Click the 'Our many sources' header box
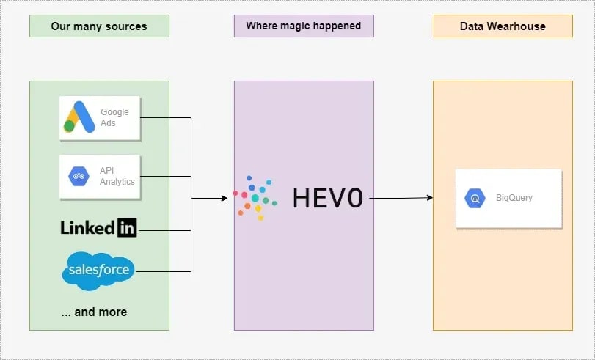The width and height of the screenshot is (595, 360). click(99, 26)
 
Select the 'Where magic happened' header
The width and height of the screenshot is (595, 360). click(303, 26)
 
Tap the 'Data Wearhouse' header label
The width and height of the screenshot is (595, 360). click(503, 26)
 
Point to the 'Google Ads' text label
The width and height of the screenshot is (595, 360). click(114, 117)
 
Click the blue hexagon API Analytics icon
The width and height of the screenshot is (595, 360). click(79, 177)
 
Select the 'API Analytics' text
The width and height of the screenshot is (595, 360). click(117, 177)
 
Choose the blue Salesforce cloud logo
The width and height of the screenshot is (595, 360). click(99, 271)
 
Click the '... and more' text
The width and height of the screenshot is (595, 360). click(94, 312)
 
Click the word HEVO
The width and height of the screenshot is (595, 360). click(327, 198)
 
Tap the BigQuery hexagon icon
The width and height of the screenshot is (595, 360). click(475, 198)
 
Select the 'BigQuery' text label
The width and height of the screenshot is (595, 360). click(513, 198)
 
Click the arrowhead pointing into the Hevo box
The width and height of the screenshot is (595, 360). click(225, 198)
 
